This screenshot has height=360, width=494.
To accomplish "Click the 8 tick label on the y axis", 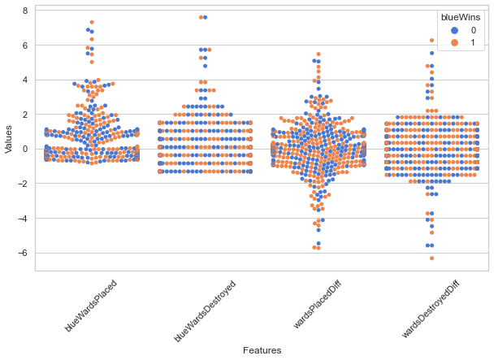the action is pyautogui.click(x=25, y=11).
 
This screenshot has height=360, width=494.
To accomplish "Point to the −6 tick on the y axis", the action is pyautogui.click(x=23, y=253).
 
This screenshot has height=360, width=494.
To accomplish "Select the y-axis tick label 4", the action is pyautogui.click(x=25, y=80).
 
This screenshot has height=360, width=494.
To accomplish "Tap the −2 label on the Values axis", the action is pyautogui.click(x=23, y=184).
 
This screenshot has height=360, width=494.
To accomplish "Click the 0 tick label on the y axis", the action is pyautogui.click(x=25, y=149).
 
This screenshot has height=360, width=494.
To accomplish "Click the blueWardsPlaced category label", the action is pyautogui.click(x=91, y=306).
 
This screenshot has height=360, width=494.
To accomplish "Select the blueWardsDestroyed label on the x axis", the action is pyautogui.click(x=205, y=310).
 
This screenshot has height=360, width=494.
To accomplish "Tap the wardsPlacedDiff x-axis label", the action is pyautogui.click(x=317, y=305).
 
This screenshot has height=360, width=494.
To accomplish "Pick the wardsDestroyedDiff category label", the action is pyautogui.click(x=431, y=310).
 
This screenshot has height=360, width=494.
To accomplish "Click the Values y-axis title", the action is pyautogui.click(x=8, y=139).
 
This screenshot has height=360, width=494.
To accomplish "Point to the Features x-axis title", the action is pyautogui.click(x=262, y=350).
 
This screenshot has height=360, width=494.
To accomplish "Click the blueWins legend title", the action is pyautogui.click(x=461, y=17).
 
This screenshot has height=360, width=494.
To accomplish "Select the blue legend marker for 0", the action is pyautogui.click(x=454, y=30).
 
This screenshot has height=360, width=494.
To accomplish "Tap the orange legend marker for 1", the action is pyautogui.click(x=454, y=42).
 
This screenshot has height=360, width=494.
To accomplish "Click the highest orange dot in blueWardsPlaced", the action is pyautogui.click(x=92, y=22).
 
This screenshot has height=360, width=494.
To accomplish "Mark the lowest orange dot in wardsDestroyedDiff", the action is pyautogui.click(x=432, y=258).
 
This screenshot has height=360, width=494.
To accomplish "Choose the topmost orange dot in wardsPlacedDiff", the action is pyautogui.click(x=318, y=54).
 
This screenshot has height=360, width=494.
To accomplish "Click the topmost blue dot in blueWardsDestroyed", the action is pyautogui.click(x=205, y=17).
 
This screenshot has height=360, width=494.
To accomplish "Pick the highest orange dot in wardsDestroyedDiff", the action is pyautogui.click(x=432, y=41).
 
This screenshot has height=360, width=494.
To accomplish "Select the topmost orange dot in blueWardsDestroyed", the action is pyautogui.click(x=201, y=17).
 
